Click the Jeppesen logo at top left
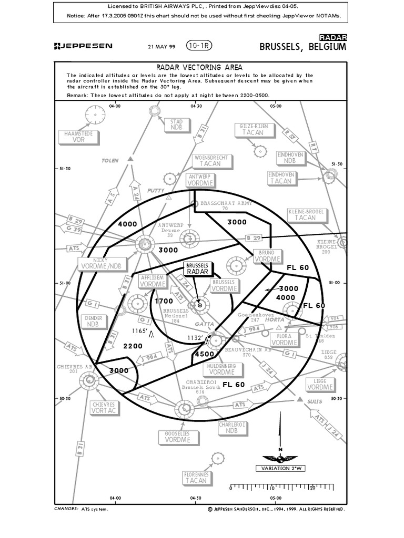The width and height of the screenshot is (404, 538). click(x=83, y=46)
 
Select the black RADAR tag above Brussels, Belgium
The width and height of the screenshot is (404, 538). click(x=333, y=37)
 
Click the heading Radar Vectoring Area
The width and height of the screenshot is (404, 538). click(x=199, y=67)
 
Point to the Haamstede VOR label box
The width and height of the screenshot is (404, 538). click(x=78, y=137)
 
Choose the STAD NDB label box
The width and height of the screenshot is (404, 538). click(x=176, y=125)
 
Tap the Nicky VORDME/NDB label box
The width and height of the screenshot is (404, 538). click(x=102, y=264)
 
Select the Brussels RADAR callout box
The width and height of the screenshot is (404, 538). click(x=198, y=268)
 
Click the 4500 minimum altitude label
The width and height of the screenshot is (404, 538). click(x=204, y=354)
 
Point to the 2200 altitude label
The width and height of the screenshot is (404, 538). click(x=133, y=347)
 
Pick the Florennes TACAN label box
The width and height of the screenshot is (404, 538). click(x=196, y=478)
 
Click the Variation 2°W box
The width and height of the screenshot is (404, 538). click(x=280, y=468)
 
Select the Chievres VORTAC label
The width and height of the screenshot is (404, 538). click(x=104, y=408)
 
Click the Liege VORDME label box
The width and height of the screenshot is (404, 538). click(x=320, y=384)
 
